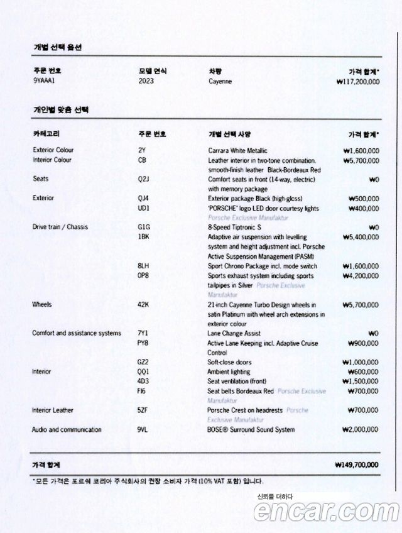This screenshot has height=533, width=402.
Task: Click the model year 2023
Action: click(146, 82)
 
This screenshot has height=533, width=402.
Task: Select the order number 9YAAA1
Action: click(44, 82)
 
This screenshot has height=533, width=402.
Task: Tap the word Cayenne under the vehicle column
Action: click(220, 82)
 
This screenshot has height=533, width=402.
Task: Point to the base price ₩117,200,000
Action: click(357, 82)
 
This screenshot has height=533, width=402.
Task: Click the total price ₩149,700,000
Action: click(357, 464)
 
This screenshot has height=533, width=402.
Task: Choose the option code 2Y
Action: click(141, 151)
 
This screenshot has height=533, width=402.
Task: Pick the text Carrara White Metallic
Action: click(237, 151)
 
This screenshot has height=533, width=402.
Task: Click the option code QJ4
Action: click(143, 199)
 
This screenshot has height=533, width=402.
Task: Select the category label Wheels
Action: click(41, 305)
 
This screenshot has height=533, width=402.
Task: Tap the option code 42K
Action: click(143, 305)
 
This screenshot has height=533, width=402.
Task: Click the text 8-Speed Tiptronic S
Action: click(234, 228)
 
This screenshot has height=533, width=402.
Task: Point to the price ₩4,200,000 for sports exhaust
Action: click(361, 276)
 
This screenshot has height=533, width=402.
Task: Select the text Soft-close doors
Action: click(231, 363)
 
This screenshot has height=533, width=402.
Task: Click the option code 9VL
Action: click(143, 430)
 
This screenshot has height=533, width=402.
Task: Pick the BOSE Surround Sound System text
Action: click(251, 430)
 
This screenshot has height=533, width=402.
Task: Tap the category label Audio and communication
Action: click(67, 430)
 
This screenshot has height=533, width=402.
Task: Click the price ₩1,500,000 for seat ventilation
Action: click(361, 382)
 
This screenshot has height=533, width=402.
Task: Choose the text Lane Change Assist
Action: click(234, 334)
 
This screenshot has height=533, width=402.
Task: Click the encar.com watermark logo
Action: click(325, 512)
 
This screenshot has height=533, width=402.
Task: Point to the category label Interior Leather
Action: click(53, 410)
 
